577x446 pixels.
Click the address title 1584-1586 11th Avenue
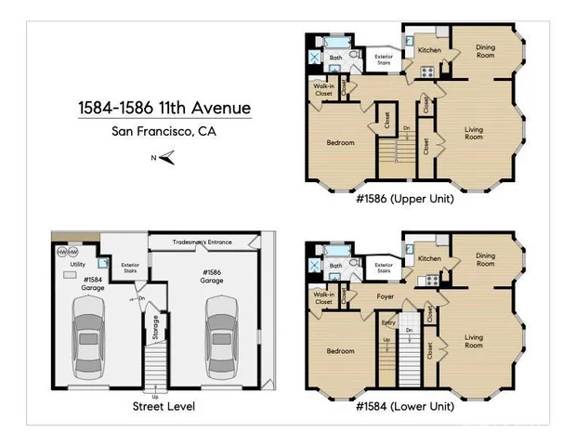click(x=164, y=109)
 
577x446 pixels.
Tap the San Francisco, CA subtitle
click(x=164, y=131)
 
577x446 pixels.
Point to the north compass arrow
click(x=164, y=158)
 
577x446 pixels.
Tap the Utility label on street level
click(x=78, y=264)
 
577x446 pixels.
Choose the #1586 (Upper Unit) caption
click(x=405, y=199)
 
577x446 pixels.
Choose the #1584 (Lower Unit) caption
click(x=405, y=406)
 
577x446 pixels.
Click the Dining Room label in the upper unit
click(x=479, y=51)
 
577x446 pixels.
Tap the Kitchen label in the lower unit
click(x=428, y=257)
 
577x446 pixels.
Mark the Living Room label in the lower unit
click(x=474, y=341)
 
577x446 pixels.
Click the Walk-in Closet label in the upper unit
click(x=324, y=90)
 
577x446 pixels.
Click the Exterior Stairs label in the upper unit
click(x=383, y=60)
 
